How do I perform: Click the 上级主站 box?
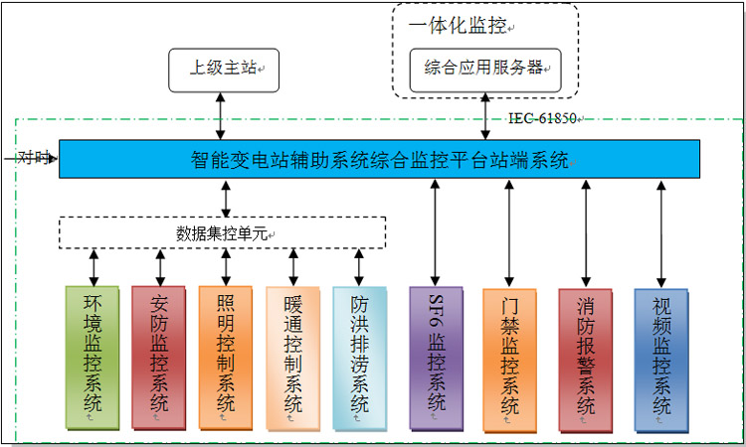tap(223, 69)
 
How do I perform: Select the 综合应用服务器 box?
tap(485, 69)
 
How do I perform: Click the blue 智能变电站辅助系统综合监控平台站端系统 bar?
tap(379, 159)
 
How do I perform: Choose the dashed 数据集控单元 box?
tap(222, 232)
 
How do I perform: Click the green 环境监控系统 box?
tap(92, 358)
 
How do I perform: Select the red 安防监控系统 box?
tap(158, 358)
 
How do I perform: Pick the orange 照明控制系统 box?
tap(226, 358)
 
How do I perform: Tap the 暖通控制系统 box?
tap(292, 358)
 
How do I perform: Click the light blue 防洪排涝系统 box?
tap(359, 358)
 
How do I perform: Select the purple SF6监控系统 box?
tap(435, 358)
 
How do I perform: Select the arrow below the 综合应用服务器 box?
tap(485, 116)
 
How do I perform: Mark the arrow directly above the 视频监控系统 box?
tap(660, 234)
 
